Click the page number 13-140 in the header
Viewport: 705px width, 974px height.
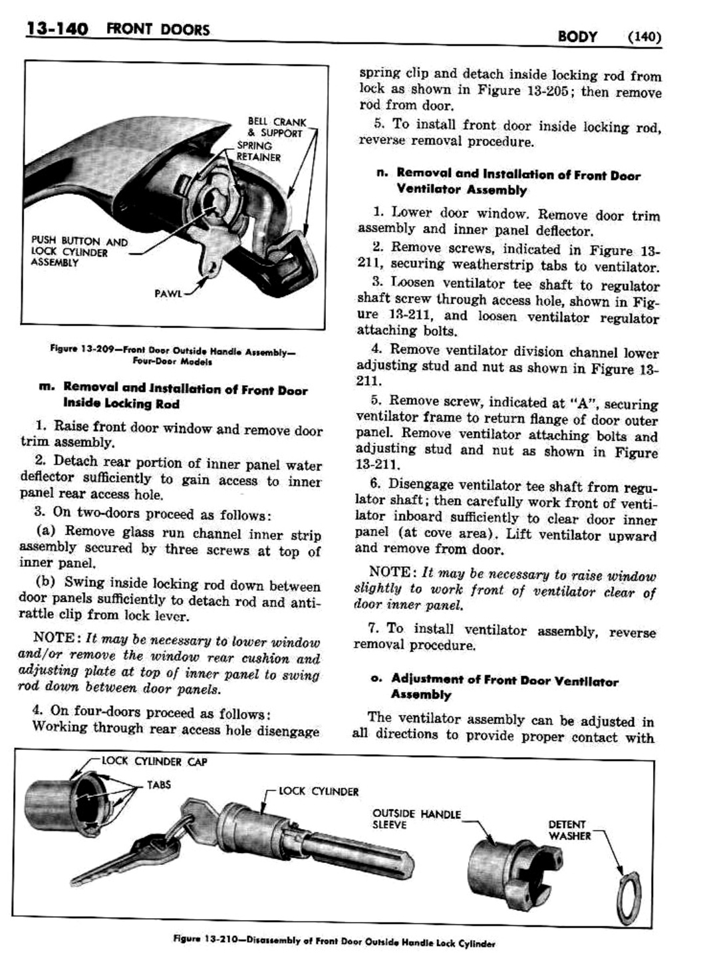[x=56, y=30]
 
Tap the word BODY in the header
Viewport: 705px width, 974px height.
[x=578, y=37]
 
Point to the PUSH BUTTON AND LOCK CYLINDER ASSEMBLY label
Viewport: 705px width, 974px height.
[x=79, y=251]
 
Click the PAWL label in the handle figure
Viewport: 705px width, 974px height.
[x=168, y=292]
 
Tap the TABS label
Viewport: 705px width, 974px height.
[x=159, y=785]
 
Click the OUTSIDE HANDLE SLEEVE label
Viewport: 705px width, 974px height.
[x=416, y=819]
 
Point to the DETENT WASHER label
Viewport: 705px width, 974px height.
[x=569, y=830]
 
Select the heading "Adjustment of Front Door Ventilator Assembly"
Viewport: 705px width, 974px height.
[x=504, y=688]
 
